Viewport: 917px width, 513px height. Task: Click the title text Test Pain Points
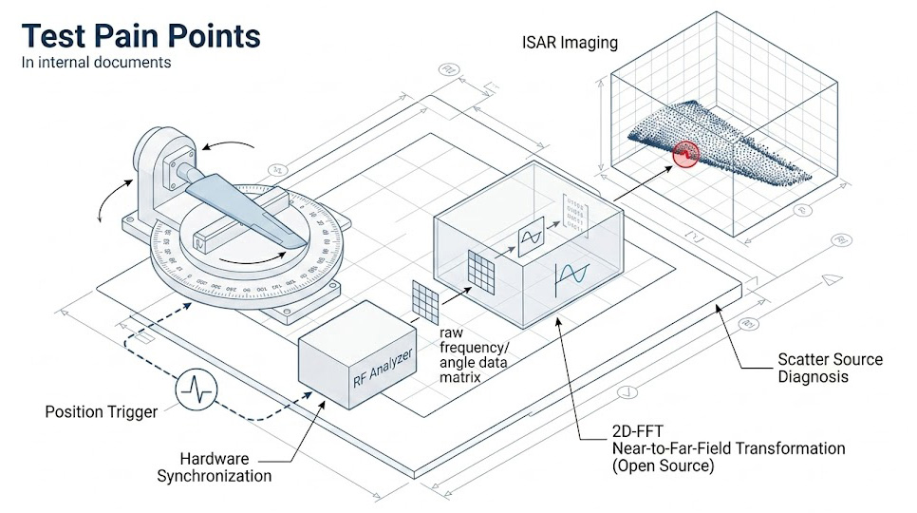click(x=141, y=35)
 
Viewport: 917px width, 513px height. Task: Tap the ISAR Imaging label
click(x=570, y=42)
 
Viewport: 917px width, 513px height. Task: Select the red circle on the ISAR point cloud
click(x=684, y=154)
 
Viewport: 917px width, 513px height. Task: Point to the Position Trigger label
click(x=101, y=412)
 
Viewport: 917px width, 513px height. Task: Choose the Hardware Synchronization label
click(x=214, y=466)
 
